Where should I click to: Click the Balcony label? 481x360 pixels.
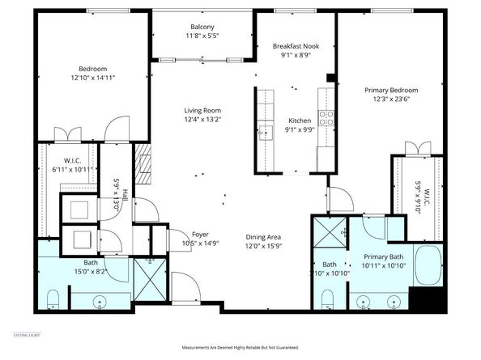(x=203, y=27)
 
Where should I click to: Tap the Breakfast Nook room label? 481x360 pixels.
(x=296, y=46)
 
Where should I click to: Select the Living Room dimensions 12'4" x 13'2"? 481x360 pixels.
(x=202, y=120)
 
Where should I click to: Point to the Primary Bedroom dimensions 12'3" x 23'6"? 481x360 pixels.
(x=392, y=99)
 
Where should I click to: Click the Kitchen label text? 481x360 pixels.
(x=300, y=121)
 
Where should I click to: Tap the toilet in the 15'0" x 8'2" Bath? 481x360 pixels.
(x=53, y=299)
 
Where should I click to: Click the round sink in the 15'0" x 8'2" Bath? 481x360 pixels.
(x=100, y=300)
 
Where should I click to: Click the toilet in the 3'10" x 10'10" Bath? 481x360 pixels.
(x=327, y=299)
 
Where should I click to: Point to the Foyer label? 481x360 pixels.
(x=200, y=234)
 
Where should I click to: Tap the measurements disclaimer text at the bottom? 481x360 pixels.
(x=241, y=347)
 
